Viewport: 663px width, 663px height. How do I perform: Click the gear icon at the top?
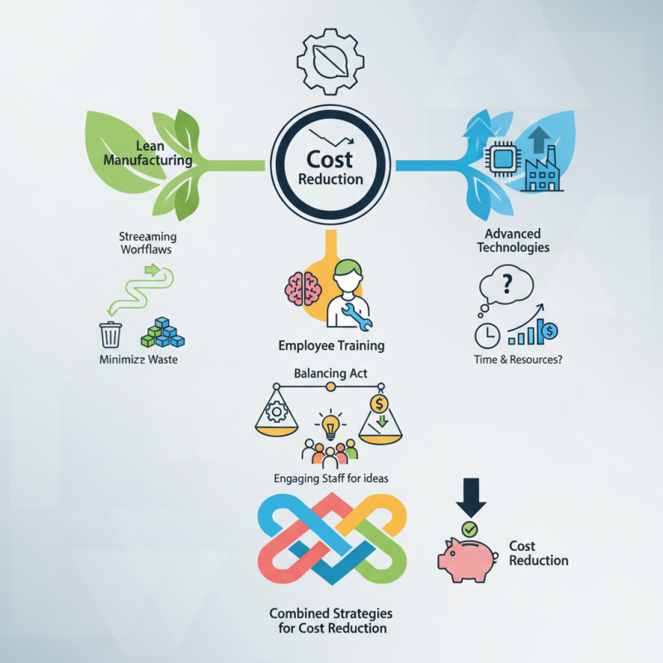click(330, 61)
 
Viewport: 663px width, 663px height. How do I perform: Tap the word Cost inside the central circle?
click(330, 159)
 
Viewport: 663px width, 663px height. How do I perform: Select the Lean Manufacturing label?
click(148, 153)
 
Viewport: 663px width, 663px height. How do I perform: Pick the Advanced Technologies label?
click(513, 240)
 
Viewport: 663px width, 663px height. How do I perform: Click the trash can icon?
click(110, 335)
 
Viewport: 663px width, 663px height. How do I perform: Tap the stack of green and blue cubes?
click(162, 332)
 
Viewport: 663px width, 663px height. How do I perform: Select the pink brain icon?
click(302, 288)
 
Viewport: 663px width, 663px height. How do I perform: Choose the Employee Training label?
click(331, 346)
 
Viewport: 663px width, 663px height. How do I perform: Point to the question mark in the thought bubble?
click(506, 283)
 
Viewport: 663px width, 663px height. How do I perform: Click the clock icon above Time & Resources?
click(487, 336)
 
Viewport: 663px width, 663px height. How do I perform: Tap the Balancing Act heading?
click(330, 374)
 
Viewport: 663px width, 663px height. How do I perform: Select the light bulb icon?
click(331, 425)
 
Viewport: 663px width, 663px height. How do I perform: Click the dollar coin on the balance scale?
click(379, 404)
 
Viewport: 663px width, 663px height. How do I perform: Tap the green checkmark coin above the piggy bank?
click(469, 529)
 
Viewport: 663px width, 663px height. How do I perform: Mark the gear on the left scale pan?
click(277, 411)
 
